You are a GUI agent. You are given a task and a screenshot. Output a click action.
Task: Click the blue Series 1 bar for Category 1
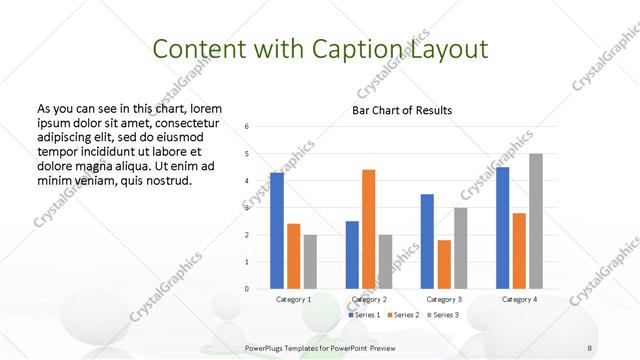click(277, 231)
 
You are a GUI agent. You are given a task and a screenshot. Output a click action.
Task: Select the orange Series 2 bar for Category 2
click(369, 229)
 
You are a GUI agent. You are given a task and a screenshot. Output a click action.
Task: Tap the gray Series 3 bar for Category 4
click(536, 221)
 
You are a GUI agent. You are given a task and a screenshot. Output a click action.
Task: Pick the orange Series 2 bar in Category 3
click(444, 264)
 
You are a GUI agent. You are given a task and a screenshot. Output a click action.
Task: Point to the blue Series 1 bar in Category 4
click(503, 228)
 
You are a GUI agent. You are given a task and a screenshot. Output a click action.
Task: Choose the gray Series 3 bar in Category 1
click(310, 262)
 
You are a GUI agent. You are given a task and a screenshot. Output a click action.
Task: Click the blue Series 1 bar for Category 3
click(427, 241)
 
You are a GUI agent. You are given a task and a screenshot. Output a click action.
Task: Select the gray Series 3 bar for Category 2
click(386, 262)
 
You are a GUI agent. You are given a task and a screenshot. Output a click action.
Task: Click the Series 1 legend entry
click(364, 315)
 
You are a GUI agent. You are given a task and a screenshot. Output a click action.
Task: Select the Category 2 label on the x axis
click(369, 299)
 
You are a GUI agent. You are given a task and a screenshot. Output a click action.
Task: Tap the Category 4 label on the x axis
click(519, 299)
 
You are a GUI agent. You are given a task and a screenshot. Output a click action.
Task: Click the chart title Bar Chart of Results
click(402, 110)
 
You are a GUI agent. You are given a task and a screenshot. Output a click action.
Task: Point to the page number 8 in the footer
click(590, 346)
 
